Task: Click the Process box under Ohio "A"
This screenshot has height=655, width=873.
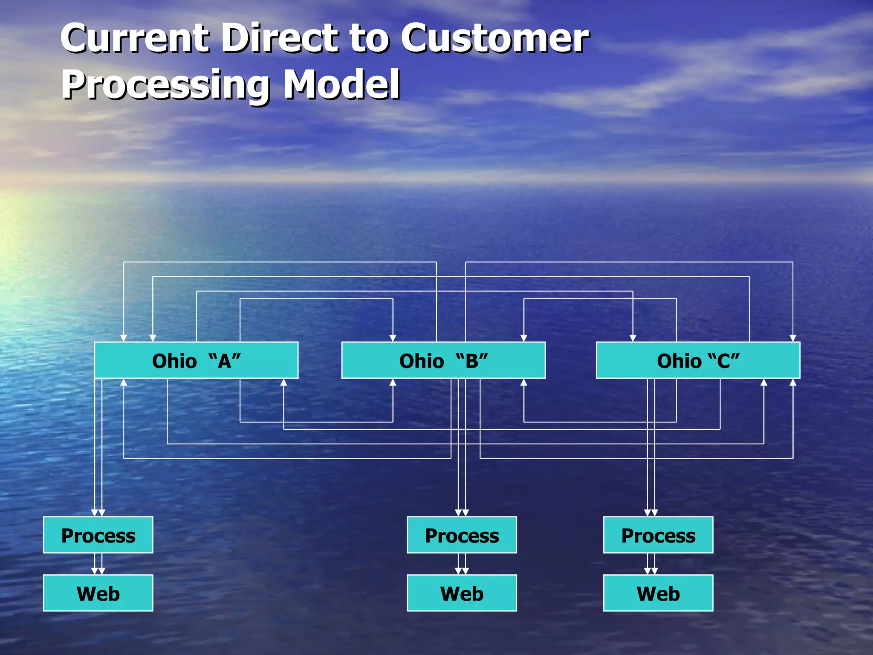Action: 98,535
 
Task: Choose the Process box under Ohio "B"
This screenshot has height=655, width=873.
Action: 462,535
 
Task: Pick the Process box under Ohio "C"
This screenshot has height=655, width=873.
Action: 658,535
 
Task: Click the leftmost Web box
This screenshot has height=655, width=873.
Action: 98,593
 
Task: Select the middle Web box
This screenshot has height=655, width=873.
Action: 462,593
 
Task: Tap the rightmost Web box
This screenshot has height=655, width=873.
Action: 658,593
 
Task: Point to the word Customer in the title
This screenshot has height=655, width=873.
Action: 494,38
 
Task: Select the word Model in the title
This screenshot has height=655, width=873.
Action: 341,84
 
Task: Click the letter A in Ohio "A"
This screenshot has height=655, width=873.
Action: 224,362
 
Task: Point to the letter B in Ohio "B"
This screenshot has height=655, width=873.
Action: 471,362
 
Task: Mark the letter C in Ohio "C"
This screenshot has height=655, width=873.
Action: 723,362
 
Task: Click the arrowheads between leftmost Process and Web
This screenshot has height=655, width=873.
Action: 98,571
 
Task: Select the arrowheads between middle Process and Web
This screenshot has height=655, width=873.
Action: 462,571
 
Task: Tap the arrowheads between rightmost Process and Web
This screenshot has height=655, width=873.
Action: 651,571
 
